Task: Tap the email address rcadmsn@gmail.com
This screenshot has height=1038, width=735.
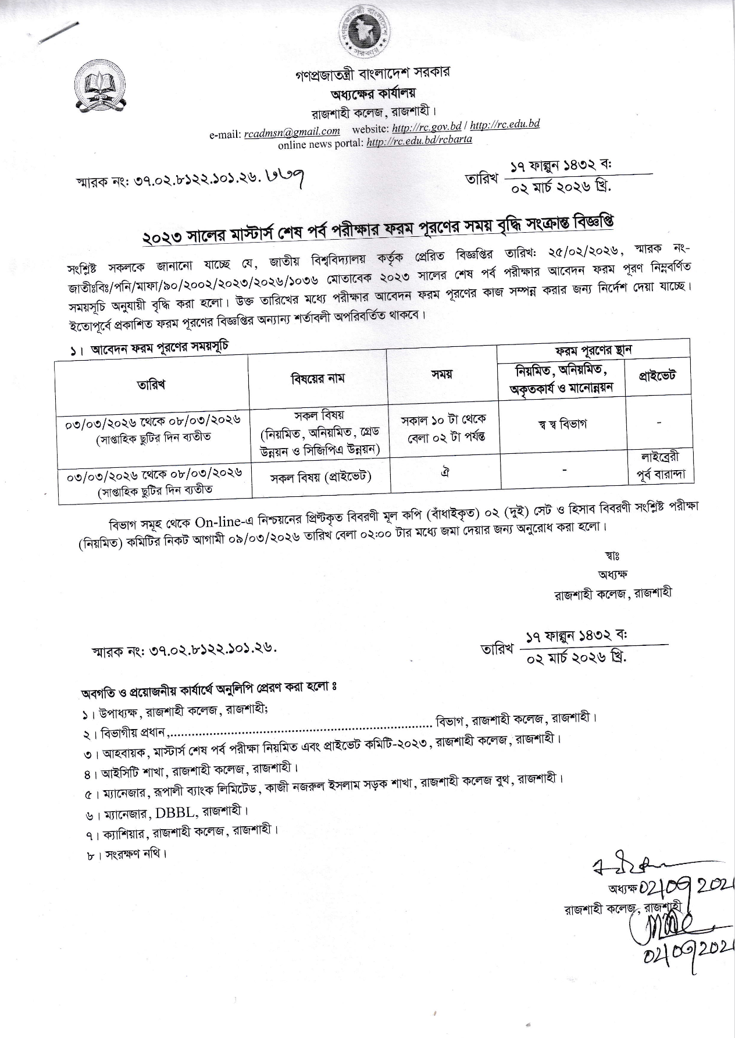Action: pos(292,131)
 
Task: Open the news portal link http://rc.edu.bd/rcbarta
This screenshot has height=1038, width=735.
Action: pos(419,140)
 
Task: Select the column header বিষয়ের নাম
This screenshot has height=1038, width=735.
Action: pos(317,378)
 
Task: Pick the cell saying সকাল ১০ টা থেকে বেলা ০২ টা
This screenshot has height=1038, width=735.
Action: pos(444,428)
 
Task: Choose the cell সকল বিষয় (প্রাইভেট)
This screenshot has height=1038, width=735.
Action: pos(321,478)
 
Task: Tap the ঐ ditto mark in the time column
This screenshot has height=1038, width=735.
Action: pos(445,471)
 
